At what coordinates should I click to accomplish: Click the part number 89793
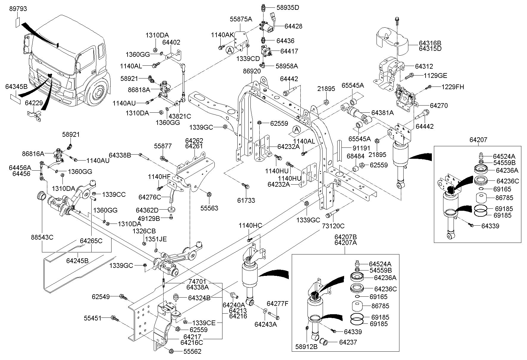pos(18,9)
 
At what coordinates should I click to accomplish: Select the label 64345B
pos(16,87)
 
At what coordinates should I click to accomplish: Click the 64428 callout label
pos(293,26)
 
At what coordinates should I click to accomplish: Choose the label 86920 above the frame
pos(252,71)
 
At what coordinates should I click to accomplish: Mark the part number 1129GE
pos(435,76)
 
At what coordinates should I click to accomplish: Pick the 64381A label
pos(382,113)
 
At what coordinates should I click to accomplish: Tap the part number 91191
pos(361,148)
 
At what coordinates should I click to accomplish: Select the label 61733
pos(246,200)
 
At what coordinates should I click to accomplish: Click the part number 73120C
pos(333,226)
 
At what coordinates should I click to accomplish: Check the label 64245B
pos(77,261)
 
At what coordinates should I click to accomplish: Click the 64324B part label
pos(200,298)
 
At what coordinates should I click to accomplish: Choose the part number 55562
pos(192,352)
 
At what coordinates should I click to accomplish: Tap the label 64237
pos(348,342)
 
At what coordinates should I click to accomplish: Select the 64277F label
pos(277,304)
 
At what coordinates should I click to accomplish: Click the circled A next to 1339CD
pos(230,51)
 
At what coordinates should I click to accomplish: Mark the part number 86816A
pos(33,154)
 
